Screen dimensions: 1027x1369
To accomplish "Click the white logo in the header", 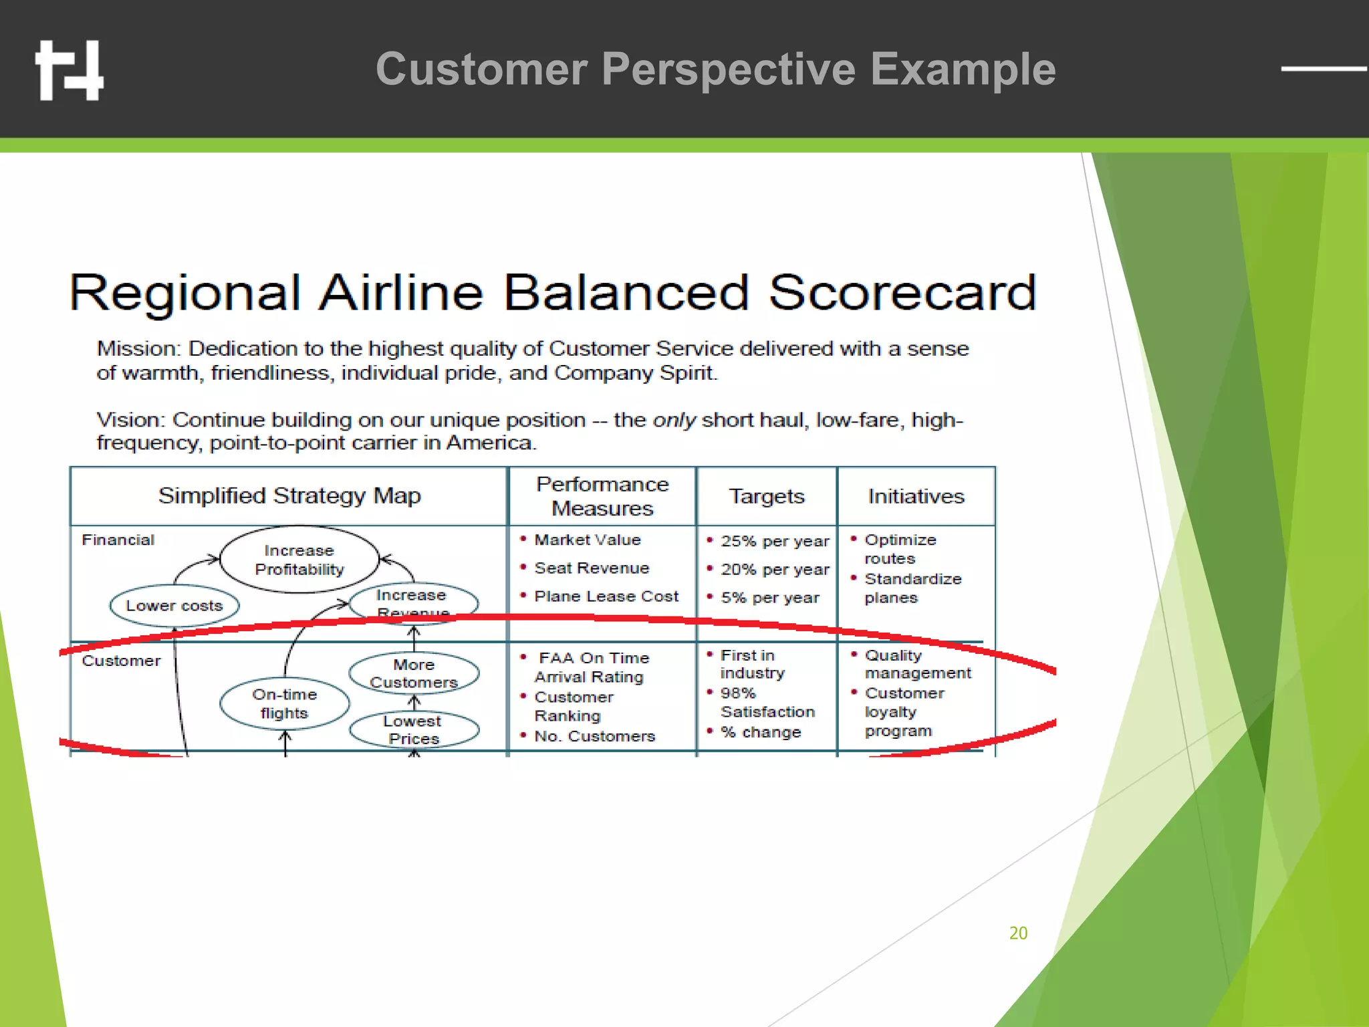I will point(70,70).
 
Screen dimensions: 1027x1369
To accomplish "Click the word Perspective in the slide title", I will point(728,70).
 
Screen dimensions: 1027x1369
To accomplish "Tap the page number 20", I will point(1017,933).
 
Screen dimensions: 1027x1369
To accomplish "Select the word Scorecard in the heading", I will point(902,293).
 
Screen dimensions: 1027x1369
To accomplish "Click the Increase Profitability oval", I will point(299,560).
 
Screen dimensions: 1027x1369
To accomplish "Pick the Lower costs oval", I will point(174,606).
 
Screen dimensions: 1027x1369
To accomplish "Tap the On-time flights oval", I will point(284,703).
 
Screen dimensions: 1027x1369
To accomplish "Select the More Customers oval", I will point(414,673).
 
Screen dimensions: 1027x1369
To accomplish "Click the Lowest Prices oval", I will point(414,729).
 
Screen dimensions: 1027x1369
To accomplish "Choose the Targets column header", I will point(766,496).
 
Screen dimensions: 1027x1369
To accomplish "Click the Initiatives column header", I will point(916,496).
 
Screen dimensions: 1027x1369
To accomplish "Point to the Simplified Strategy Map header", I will point(289,495).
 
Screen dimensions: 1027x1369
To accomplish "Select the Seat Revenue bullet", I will point(591,568).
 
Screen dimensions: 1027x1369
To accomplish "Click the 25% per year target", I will point(774,541).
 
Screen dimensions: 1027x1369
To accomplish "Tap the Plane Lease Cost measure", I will point(606,596).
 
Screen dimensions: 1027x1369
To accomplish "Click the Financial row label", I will point(118,540).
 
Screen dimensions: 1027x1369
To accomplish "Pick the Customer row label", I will point(121,661).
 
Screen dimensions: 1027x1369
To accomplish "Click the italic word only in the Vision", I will point(674,420).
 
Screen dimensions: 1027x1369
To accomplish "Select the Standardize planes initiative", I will point(912,588).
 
